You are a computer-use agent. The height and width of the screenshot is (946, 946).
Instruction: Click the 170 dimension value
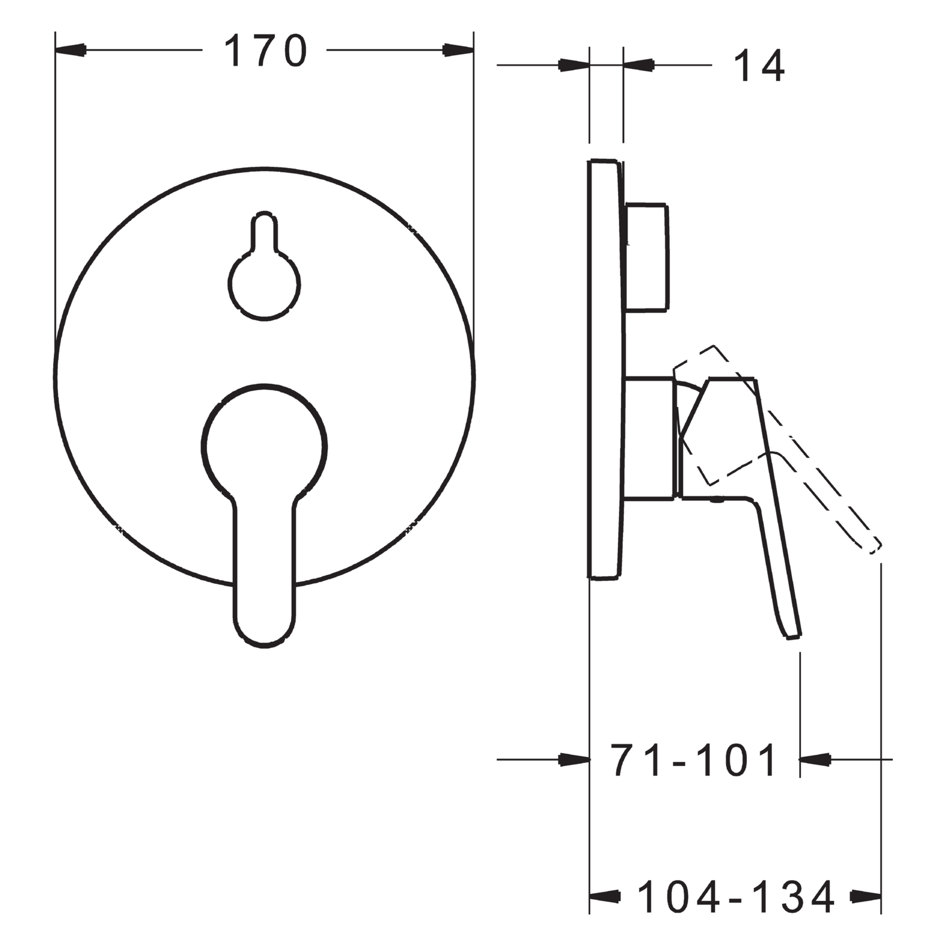[266, 51]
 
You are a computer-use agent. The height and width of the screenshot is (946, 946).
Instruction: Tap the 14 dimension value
[759, 66]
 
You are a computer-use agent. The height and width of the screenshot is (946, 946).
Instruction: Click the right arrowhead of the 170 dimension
[458, 50]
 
